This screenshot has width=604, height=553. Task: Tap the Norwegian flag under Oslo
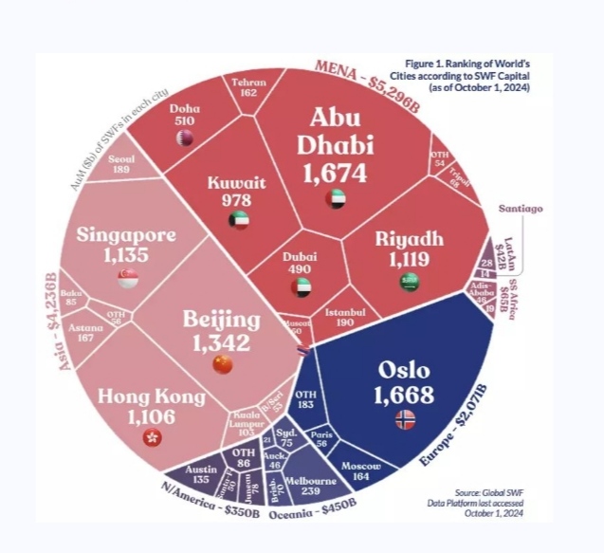coord(405,417)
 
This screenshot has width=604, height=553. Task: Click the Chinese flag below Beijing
coord(222,364)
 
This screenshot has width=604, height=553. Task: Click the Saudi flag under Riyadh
coord(409,281)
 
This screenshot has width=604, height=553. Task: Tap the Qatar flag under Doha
coord(184,138)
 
